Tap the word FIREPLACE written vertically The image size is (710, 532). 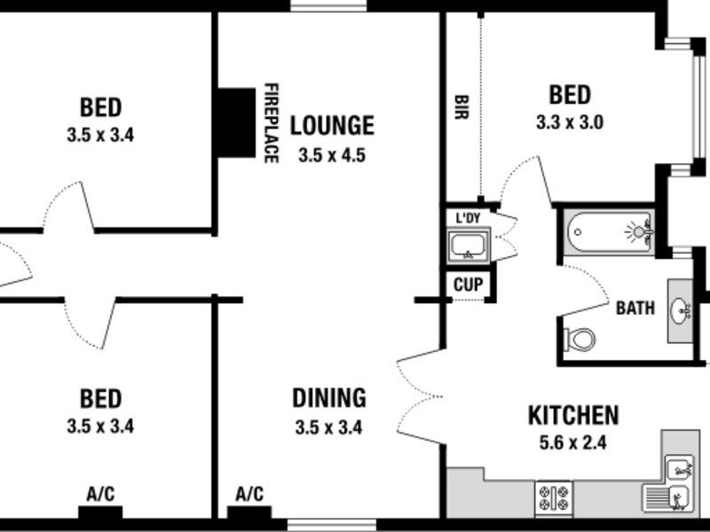point(271,123)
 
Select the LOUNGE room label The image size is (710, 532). point(332,125)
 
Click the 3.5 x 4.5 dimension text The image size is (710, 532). point(332,155)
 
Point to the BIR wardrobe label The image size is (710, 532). point(461,113)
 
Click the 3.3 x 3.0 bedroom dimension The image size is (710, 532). point(570,123)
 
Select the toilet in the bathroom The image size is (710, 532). point(580,339)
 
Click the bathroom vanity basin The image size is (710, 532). point(681,310)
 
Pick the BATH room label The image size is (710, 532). point(635,309)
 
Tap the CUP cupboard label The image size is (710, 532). point(467,286)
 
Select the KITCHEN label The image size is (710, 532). point(573,415)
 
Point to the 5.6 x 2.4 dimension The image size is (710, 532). point(573,443)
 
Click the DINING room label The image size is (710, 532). point(328,398)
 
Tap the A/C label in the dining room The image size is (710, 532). point(249,494)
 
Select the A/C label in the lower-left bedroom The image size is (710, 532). point(100,494)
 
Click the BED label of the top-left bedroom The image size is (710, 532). point(100,108)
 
